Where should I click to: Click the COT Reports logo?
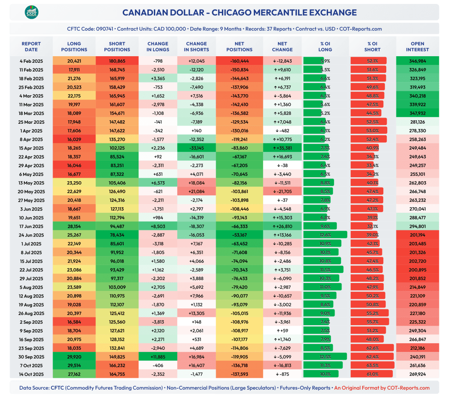tap(31, 12)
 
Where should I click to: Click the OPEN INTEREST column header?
tap(417, 47)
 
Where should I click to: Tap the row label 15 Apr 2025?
tap(31, 148)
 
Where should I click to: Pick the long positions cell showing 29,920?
tap(74, 357)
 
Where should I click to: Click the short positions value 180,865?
tap(117, 61)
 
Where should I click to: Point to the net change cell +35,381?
tap(282, 148)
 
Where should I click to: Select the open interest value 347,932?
tap(417, 113)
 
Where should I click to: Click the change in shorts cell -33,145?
tap(196, 148)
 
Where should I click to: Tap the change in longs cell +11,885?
tap(158, 357)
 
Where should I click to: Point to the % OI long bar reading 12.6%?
tap(325, 235)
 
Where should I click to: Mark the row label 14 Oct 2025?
tap(31, 374)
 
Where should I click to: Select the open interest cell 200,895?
tap(417, 270)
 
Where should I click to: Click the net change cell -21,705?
tap(282, 191)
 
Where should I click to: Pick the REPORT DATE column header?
tap(31, 47)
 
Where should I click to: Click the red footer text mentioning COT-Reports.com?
tap(381, 388)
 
